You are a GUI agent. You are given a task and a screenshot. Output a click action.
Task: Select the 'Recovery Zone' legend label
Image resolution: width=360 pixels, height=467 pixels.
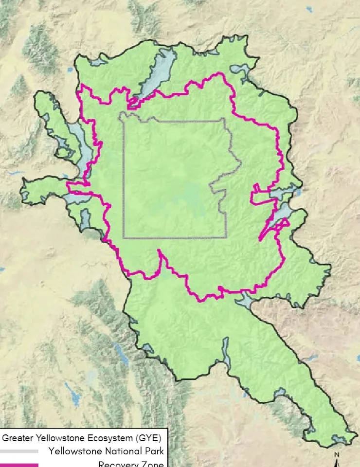[131, 464]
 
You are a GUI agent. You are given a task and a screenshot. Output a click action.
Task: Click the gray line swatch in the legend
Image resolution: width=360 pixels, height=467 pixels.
[19, 451]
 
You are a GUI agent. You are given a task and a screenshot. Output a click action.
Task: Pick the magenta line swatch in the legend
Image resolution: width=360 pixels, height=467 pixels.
[19, 465]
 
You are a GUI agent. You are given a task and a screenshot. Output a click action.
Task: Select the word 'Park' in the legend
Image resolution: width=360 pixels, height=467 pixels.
[151, 451]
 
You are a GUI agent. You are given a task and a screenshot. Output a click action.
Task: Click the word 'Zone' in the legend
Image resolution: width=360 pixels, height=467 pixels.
[153, 464]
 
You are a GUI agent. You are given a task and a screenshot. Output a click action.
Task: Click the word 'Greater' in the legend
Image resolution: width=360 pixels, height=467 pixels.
[18, 437]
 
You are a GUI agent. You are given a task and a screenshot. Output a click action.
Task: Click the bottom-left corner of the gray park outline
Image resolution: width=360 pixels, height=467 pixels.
[124, 237]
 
